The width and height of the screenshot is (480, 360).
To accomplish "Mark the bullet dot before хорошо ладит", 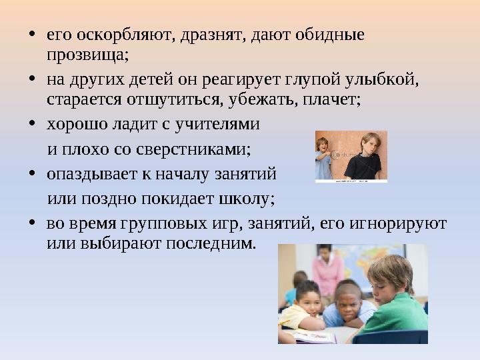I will coord(33,125).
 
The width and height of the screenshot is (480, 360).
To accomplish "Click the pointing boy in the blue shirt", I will coord(323,159).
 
